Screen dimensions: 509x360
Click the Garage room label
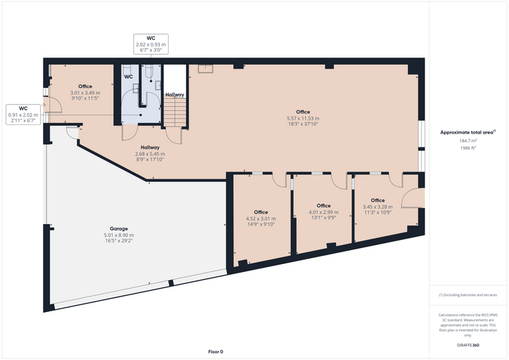click(x=119, y=228)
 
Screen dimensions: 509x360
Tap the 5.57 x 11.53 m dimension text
click(x=303, y=118)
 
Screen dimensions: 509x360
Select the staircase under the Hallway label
click(x=175, y=112)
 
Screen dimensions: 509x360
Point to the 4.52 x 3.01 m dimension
click(x=260, y=218)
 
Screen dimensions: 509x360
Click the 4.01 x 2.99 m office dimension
click(x=324, y=212)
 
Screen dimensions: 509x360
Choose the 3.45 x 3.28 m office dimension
click(x=377, y=207)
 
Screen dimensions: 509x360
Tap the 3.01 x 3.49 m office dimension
click(x=85, y=92)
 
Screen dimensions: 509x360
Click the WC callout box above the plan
click(x=151, y=44)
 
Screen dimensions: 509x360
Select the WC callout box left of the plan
click(x=23, y=114)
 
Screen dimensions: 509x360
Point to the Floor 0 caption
click(x=215, y=351)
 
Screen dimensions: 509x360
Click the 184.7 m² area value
click(x=468, y=140)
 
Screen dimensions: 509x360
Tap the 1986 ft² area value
click(x=468, y=148)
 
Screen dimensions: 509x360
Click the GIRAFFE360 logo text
click(x=468, y=345)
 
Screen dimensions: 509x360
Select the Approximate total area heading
click(x=468, y=132)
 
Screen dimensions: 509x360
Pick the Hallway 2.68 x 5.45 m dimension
click(x=150, y=153)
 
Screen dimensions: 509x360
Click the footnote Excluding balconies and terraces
click(x=468, y=295)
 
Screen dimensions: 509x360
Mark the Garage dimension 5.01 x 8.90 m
click(x=119, y=235)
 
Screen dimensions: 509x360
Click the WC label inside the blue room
click(x=129, y=76)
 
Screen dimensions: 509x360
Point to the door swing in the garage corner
click(x=72, y=132)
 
